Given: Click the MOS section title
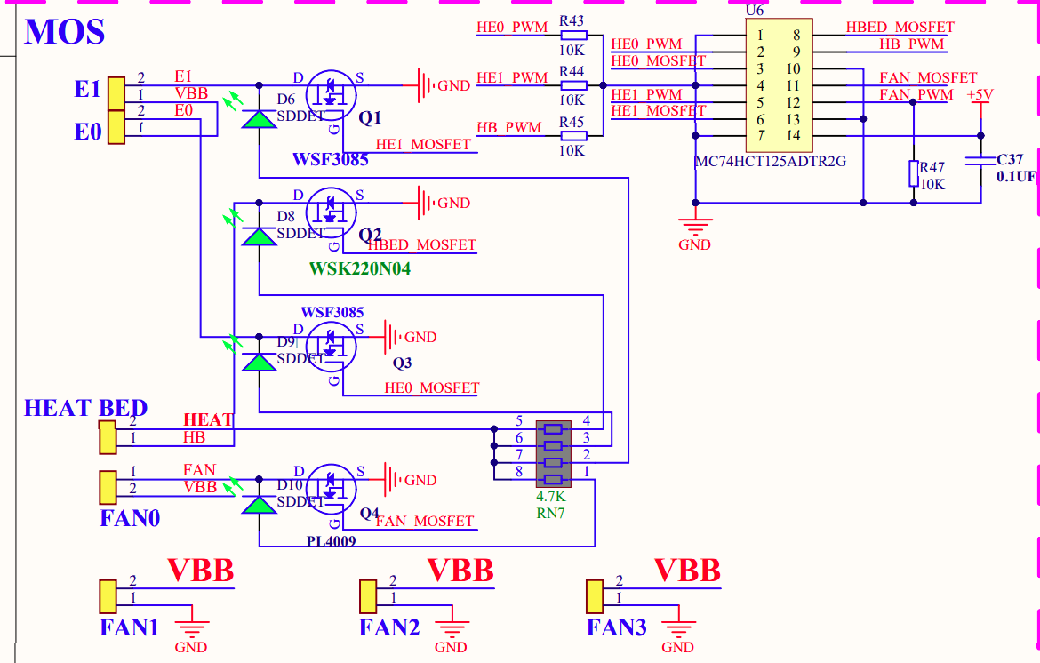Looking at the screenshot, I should point(65,32).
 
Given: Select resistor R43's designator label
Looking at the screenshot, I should point(572,20).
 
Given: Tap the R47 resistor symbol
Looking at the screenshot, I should point(913,173).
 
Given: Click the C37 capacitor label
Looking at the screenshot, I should point(1010,160).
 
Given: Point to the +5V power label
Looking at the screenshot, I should point(980,95).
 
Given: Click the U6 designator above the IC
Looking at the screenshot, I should point(756,10).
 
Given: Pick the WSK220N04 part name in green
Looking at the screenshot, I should point(360,268).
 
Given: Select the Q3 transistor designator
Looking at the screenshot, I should point(403,363).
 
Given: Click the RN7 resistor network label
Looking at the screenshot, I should point(551,513).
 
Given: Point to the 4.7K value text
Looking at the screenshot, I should point(550,497).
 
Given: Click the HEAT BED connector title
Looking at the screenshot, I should point(85,409).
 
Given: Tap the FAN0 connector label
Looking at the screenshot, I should point(130,517).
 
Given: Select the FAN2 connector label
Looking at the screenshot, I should point(388,628).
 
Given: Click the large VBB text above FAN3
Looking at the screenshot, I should point(686,570).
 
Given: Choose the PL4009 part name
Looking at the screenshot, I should point(332,539).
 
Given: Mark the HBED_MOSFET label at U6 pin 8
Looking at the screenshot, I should point(900,28).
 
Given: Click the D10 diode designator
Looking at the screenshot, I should point(290,486).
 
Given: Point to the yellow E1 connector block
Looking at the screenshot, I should point(116,93).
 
